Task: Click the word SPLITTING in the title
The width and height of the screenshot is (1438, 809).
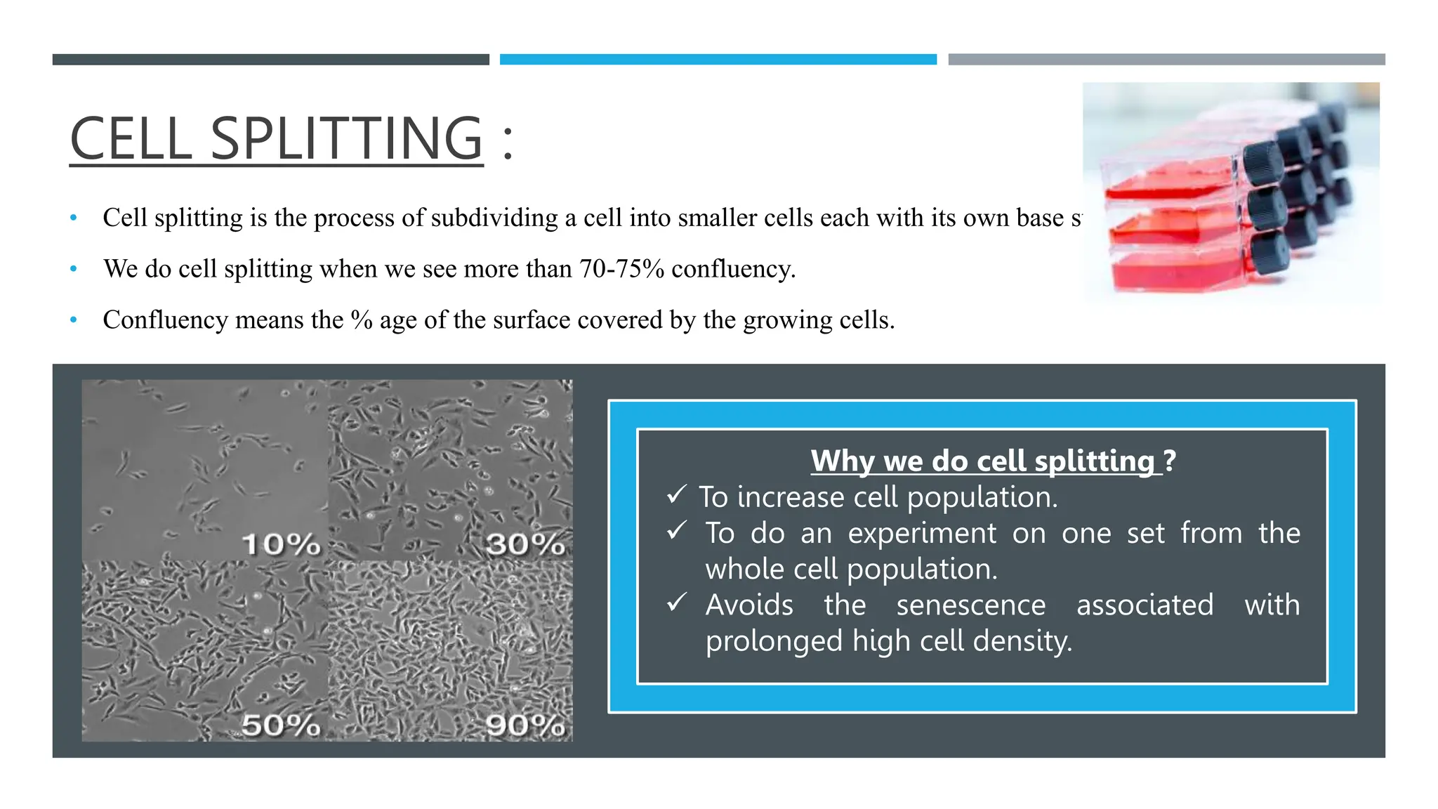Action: pos(347,138)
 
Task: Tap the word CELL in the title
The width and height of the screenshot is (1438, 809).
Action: pos(131,138)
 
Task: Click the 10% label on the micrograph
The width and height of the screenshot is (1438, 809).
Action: pos(281,544)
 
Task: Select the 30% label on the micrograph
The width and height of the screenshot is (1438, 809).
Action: pos(525,544)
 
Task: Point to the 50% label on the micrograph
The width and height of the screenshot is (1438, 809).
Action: pos(281,725)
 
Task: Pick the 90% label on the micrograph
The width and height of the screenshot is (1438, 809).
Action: pos(525,725)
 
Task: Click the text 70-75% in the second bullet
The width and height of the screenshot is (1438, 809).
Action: pos(621,269)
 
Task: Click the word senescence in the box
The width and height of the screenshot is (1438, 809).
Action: pos(971,605)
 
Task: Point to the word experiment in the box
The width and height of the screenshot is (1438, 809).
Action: pos(922,533)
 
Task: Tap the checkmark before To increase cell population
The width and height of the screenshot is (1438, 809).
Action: pos(676,495)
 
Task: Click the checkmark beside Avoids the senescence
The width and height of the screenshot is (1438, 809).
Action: pos(676,603)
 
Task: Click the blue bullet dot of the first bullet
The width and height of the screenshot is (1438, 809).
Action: pos(74,218)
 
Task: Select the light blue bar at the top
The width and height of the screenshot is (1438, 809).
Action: pos(718,60)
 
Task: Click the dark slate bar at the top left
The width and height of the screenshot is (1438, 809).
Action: pos(270,60)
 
